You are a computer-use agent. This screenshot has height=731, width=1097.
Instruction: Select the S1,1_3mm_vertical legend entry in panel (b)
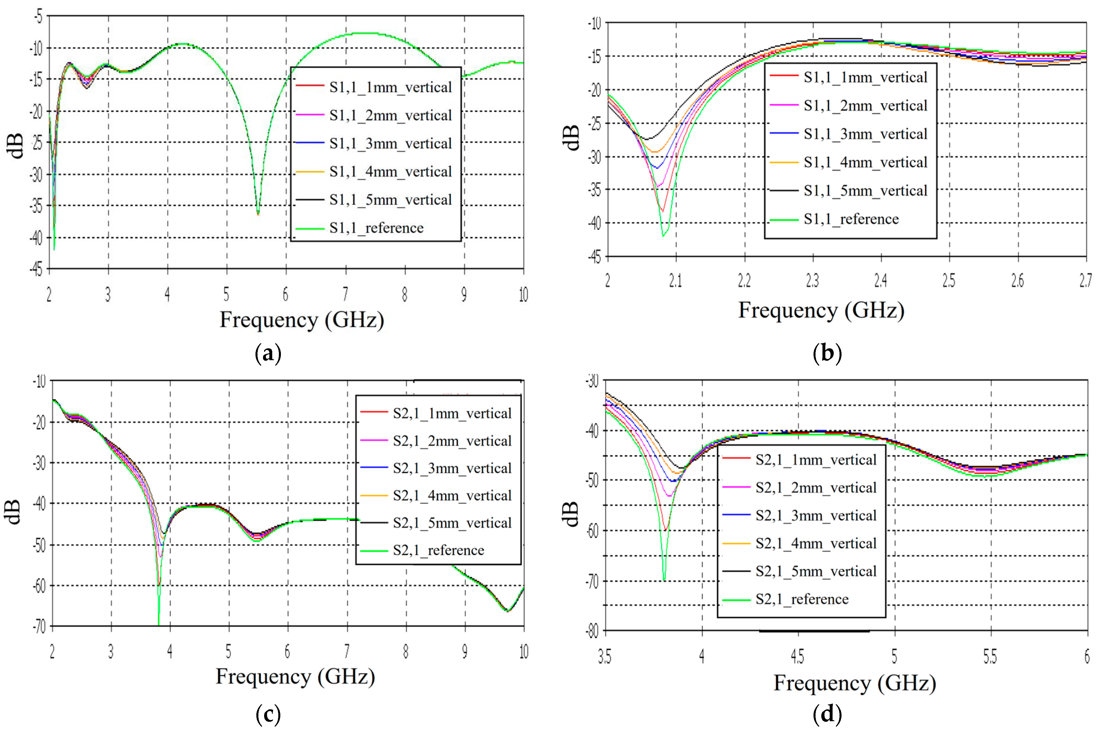(865, 134)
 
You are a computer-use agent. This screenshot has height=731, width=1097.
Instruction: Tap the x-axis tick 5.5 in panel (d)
(990, 657)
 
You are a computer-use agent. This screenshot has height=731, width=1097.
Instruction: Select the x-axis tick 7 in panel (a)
(346, 295)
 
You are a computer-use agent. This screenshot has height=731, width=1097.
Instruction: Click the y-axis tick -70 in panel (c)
(39, 626)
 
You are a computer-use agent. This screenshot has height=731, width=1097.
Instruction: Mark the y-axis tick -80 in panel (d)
(592, 631)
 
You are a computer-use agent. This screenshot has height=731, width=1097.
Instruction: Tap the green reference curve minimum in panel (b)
(663, 236)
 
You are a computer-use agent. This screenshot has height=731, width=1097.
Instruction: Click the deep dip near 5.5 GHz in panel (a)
(258, 214)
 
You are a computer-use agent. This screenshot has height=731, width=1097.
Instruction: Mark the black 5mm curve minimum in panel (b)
(646, 139)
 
